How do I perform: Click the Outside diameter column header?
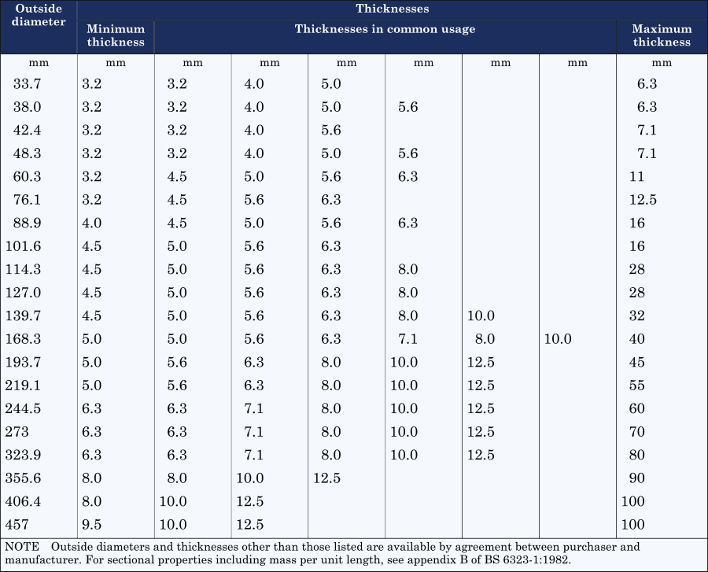click(x=39, y=16)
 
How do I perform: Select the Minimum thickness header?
click(x=116, y=35)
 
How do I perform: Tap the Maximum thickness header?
click(x=662, y=35)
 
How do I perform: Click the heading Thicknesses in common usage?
click(x=385, y=29)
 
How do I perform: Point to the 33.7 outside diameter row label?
click(x=28, y=83)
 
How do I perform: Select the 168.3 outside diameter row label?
click(x=23, y=339)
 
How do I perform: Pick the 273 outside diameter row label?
click(x=18, y=432)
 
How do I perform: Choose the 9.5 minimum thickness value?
click(x=93, y=525)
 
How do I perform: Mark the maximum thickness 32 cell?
click(x=637, y=316)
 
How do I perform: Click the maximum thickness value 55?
click(x=637, y=386)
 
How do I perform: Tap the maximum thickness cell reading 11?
click(x=636, y=177)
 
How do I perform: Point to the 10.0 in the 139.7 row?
click(x=481, y=316)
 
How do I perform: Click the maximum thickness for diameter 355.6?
click(x=637, y=478)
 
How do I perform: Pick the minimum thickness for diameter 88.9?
click(x=93, y=223)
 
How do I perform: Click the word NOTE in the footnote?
click(x=22, y=546)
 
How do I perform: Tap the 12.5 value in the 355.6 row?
click(x=327, y=478)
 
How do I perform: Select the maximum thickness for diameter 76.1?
click(x=643, y=200)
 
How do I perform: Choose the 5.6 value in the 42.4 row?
click(x=331, y=130)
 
